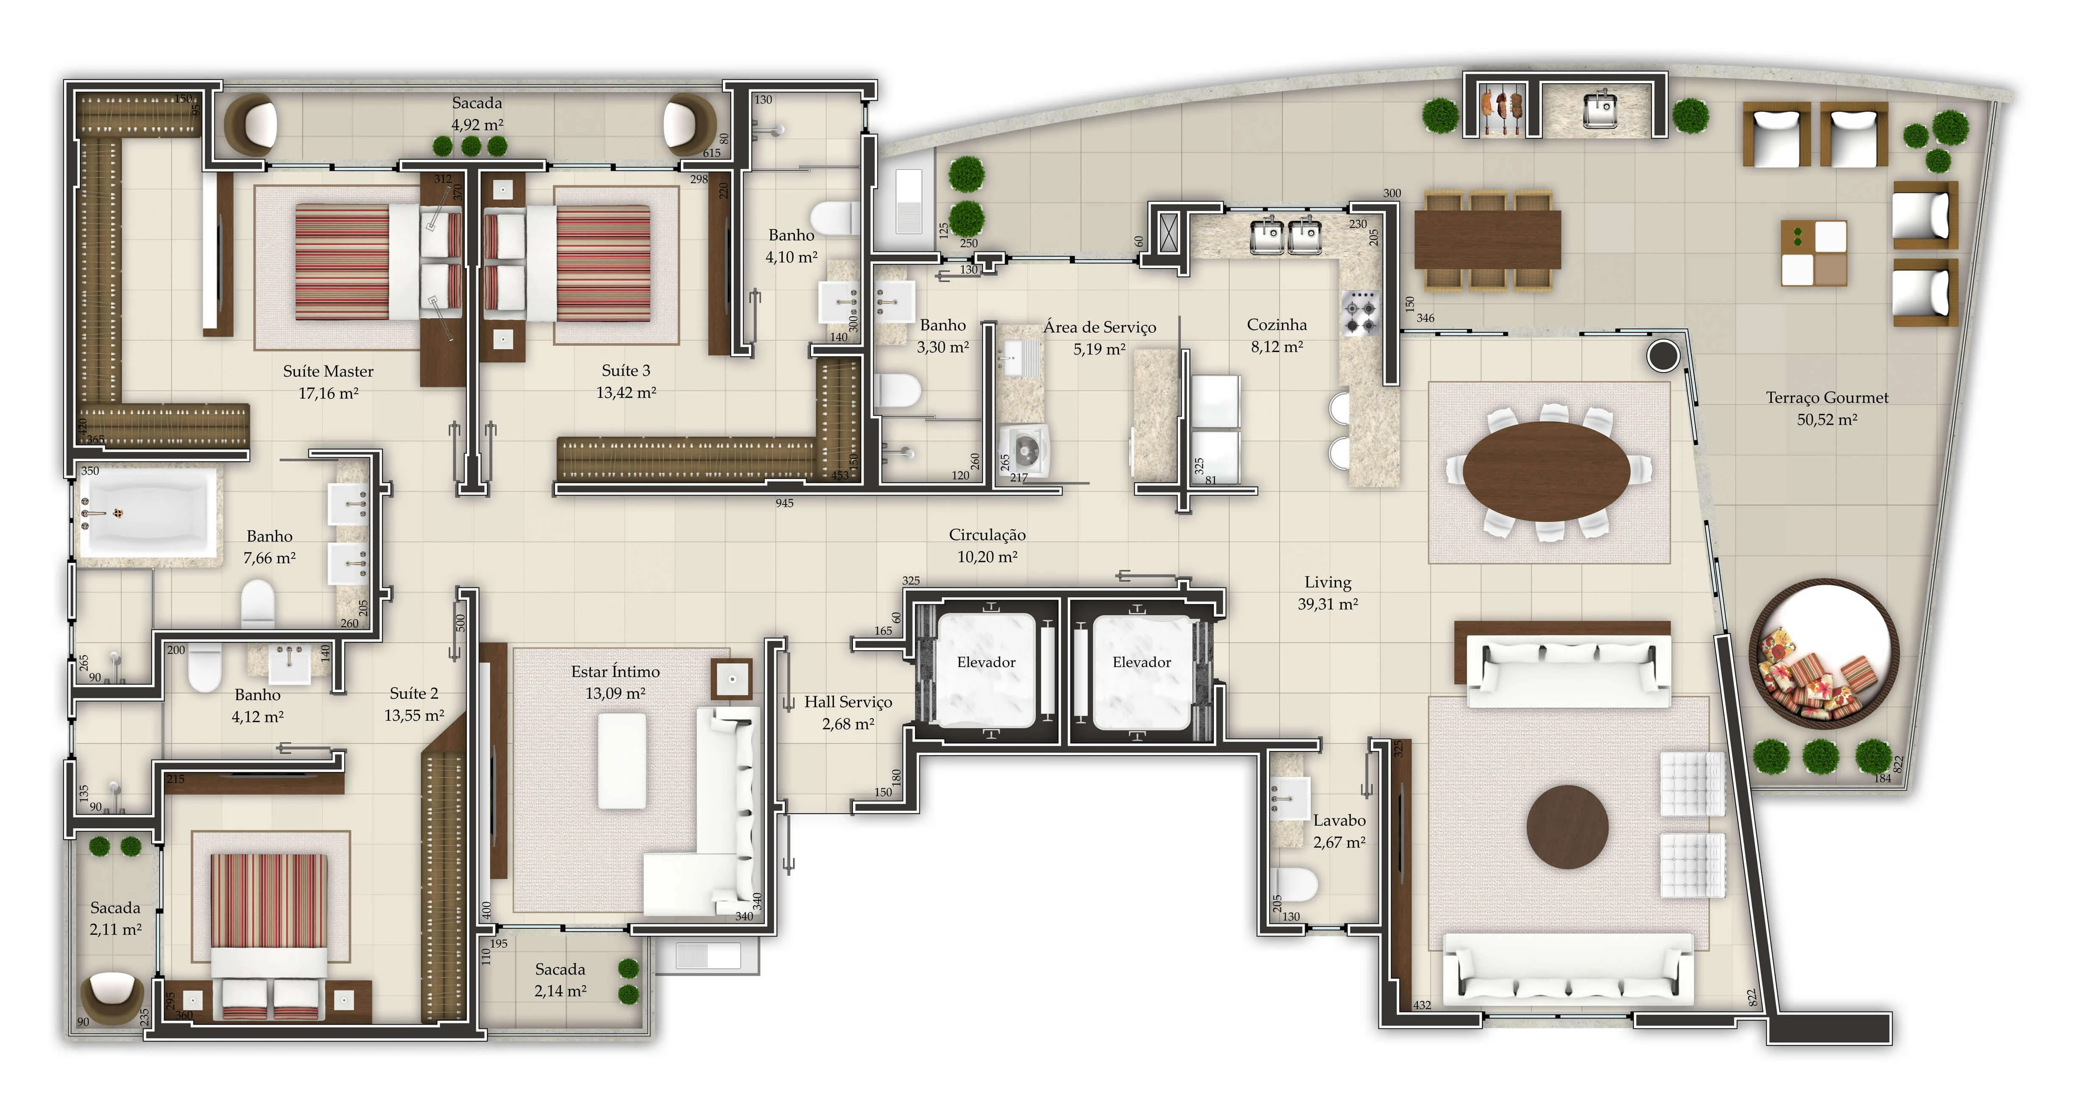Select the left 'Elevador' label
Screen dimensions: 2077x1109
click(x=986, y=662)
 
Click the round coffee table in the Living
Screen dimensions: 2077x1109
click(x=1567, y=827)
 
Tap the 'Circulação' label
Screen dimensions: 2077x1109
click(x=987, y=535)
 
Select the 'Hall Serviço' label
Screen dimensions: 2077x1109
click(x=848, y=702)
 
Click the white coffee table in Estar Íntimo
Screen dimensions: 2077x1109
click(x=622, y=760)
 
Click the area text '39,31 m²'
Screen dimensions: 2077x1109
click(x=1328, y=604)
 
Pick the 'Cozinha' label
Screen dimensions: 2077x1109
click(x=1277, y=325)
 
